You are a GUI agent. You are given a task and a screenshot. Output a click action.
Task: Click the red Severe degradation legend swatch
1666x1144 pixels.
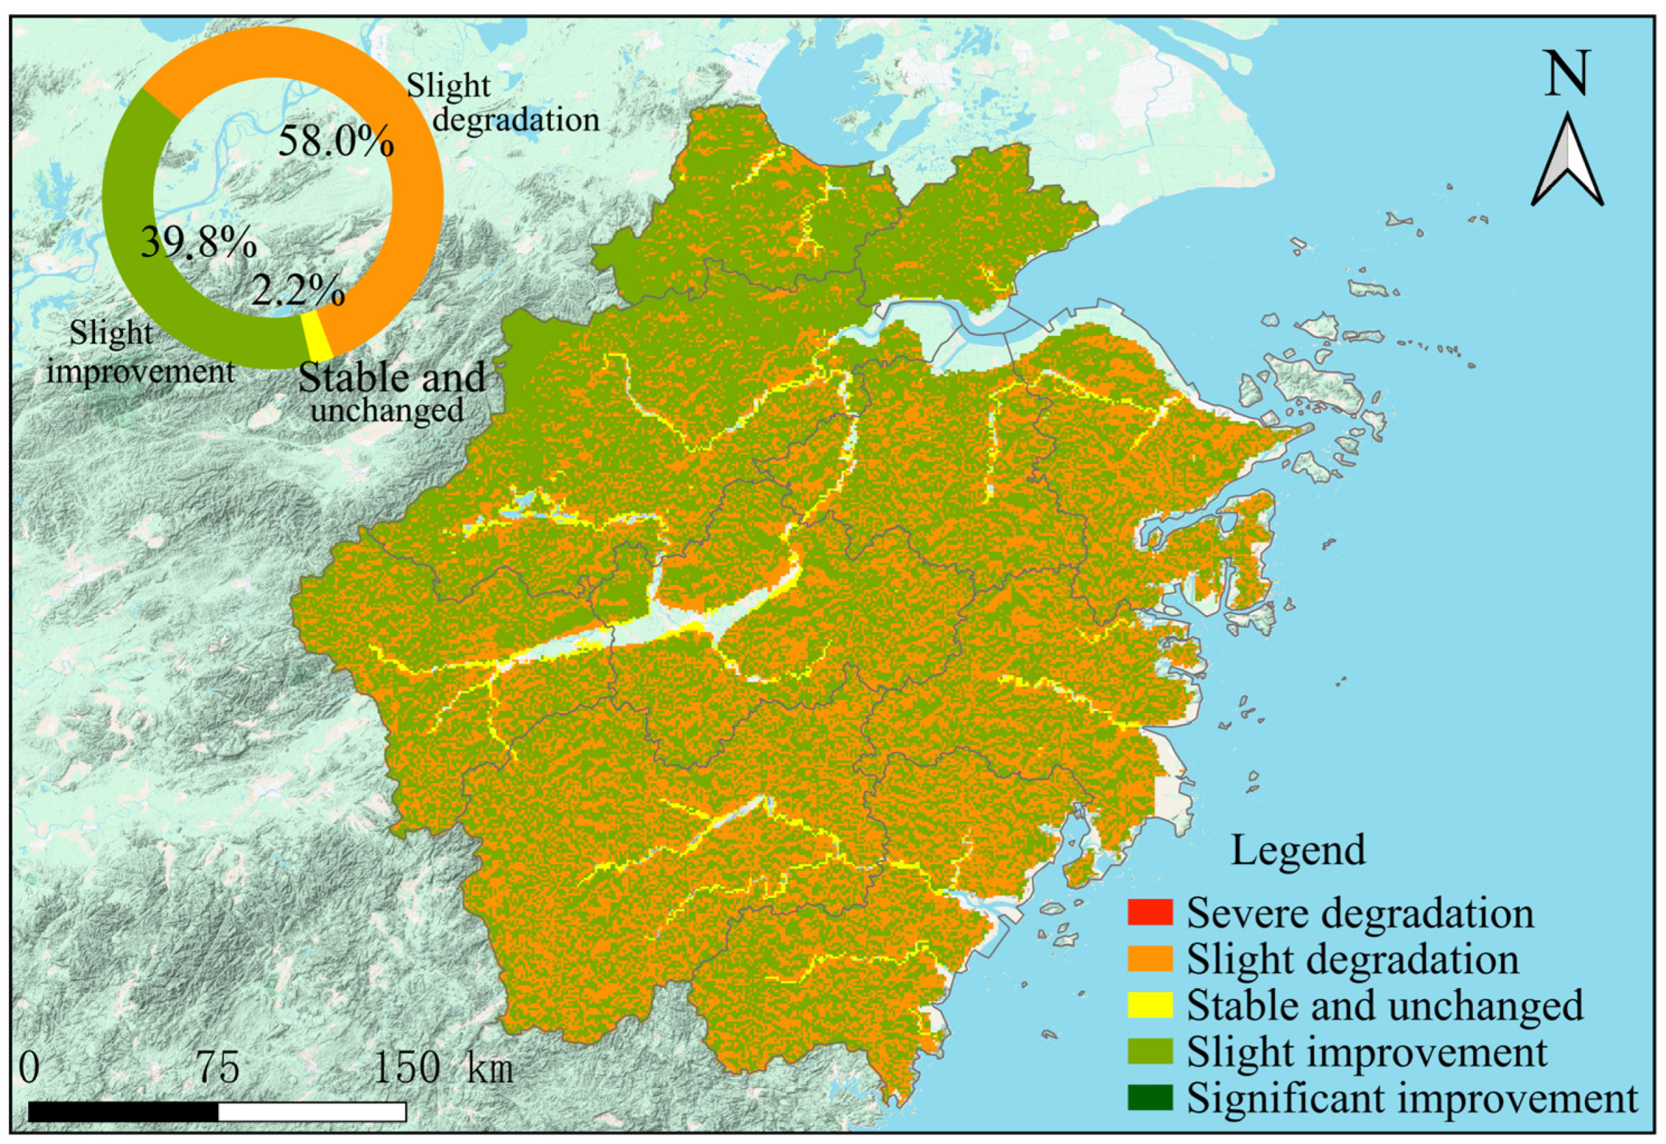click(1149, 912)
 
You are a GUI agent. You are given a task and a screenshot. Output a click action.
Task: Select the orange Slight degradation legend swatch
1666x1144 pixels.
click(1149, 959)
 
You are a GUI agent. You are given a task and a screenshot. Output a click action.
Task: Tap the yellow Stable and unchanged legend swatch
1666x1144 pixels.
click(1149, 1005)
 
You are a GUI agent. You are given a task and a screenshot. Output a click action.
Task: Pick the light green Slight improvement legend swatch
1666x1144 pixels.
click(1149, 1052)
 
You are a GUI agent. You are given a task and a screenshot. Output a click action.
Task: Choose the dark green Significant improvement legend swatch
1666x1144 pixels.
click(1149, 1097)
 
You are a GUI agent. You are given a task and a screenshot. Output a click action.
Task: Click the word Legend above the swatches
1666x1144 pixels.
click(1298, 851)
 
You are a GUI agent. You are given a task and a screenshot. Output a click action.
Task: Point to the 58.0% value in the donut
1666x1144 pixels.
click(336, 141)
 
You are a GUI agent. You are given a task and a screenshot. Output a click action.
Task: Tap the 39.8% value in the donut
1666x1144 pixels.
click(199, 242)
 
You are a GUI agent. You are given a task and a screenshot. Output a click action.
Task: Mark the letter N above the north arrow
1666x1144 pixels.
click(1567, 73)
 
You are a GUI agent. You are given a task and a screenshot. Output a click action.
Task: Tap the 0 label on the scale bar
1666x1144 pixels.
click(29, 1068)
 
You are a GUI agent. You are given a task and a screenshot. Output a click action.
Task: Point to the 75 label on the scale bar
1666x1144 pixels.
click(219, 1068)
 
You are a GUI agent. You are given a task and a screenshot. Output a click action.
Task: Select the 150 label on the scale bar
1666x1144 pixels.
click(406, 1068)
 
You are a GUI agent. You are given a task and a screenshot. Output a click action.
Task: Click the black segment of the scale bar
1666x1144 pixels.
click(123, 1112)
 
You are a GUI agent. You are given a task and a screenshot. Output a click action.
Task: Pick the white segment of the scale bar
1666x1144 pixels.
click(312, 1112)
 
